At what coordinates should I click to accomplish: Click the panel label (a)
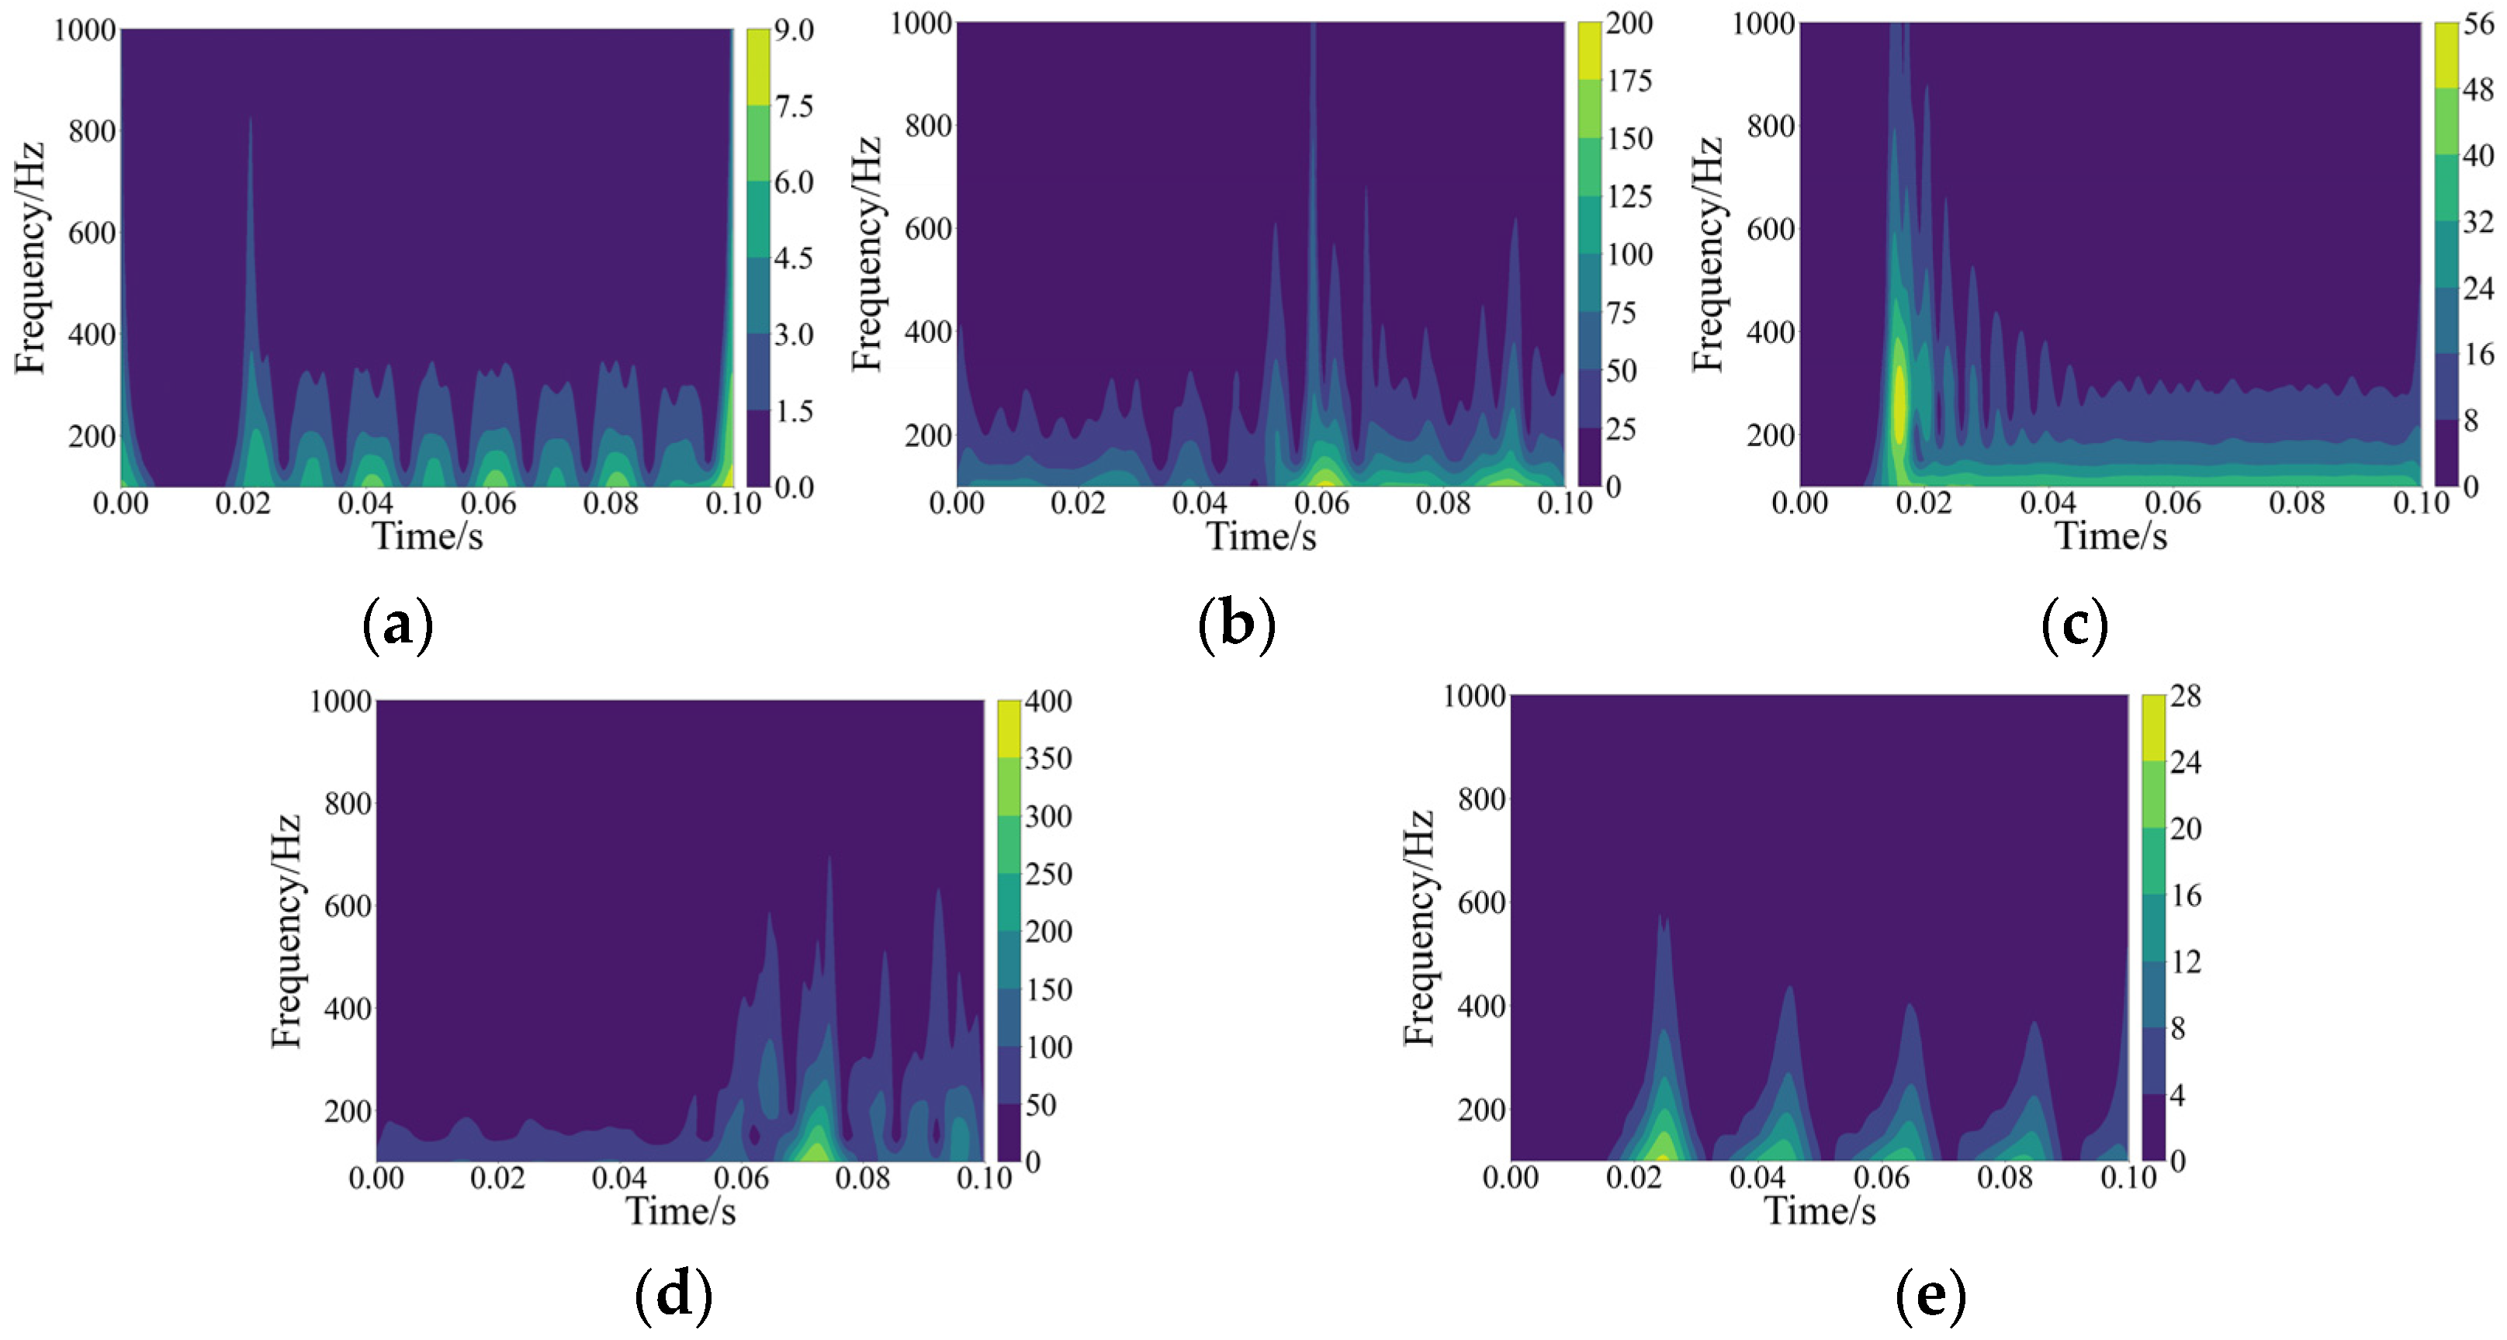[397, 625]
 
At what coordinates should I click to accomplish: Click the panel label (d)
[673, 1295]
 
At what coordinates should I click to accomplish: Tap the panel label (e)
[1930, 1295]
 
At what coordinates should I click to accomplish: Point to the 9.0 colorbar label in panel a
[793, 30]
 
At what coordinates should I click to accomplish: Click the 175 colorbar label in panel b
[1629, 81]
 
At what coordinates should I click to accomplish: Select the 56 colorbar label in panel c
[2478, 24]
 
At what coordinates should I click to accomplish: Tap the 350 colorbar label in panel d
[1048, 758]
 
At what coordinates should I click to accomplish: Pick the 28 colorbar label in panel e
[2185, 697]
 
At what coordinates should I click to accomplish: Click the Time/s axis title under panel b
[1262, 537]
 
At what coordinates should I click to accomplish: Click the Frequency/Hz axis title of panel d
[286, 931]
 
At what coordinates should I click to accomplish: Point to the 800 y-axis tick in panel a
[92, 131]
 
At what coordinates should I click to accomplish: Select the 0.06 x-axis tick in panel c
[2173, 503]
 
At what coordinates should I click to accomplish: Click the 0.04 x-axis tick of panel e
[1757, 1178]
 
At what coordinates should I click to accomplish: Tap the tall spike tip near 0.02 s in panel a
[250, 119]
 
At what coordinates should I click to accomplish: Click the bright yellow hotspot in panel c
[1899, 403]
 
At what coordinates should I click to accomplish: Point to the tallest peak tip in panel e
[1662, 916]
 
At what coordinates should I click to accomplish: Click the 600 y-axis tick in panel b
[929, 229]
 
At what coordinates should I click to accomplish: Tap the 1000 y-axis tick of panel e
[1473, 697]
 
